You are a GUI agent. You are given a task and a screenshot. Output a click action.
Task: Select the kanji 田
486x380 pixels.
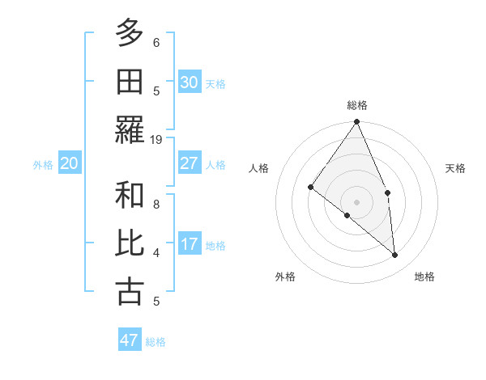coord(130,81)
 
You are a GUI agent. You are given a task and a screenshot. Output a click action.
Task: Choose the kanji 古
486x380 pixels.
coord(130,291)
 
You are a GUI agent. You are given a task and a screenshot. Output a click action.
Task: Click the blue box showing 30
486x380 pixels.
coord(190,82)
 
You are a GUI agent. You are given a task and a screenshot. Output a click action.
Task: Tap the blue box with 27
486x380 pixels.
coord(190,163)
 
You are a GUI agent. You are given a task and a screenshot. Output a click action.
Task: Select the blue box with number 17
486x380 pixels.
coord(190,244)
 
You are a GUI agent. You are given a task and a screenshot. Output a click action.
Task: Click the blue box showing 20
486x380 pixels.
coord(70,164)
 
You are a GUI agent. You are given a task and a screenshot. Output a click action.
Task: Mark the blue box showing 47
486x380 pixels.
coord(130,340)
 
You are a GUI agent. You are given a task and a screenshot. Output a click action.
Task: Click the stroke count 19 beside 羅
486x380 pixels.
coord(156,140)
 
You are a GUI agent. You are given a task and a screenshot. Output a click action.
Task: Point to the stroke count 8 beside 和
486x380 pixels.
coord(156,205)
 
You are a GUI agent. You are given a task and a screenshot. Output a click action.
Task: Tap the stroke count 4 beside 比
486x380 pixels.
coord(156,253)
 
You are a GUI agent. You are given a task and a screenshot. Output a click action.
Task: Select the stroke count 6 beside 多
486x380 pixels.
coord(156,43)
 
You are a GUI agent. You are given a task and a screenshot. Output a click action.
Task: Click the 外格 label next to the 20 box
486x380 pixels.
coord(43,165)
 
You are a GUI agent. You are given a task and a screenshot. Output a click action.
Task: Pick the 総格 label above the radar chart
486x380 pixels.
coord(357,105)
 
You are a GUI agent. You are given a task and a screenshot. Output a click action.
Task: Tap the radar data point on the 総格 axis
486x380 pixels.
coord(357,122)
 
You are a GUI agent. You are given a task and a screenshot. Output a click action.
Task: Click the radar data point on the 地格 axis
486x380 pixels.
coord(395,255)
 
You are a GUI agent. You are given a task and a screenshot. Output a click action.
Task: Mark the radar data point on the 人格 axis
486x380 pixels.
coord(310,187)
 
